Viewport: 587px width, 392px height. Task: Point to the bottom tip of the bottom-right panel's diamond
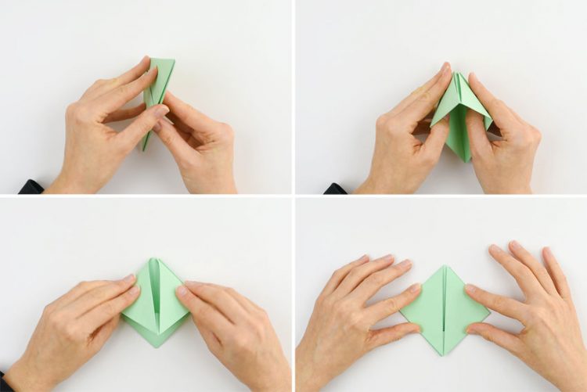445,355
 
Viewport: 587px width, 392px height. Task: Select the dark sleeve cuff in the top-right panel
335,189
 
